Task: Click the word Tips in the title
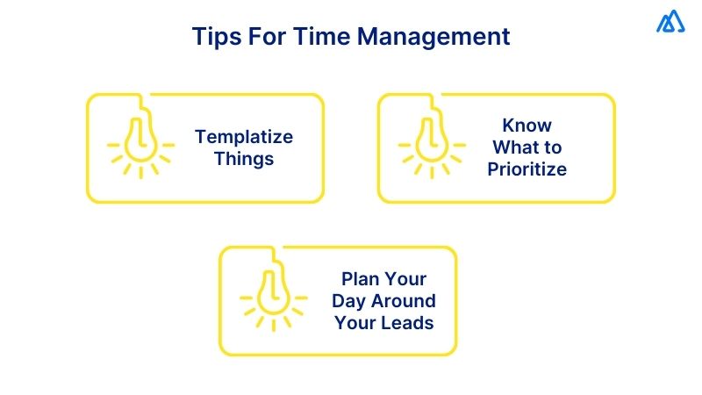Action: pyautogui.click(x=214, y=38)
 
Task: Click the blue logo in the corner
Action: pyautogui.click(x=671, y=21)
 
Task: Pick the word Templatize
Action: pyautogui.click(x=244, y=137)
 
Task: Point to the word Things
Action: pyautogui.click(x=244, y=159)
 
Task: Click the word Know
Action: pyautogui.click(x=526, y=125)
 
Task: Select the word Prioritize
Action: pyautogui.click(x=526, y=169)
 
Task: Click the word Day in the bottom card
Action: pyautogui.click(x=349, y=300)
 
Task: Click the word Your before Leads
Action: pyautogui.click(x=355, y=322)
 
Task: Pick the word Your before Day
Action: pyautogui.click(x=406, y=279)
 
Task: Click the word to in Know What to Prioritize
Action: pyautogui.click(x=551, y=147)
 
